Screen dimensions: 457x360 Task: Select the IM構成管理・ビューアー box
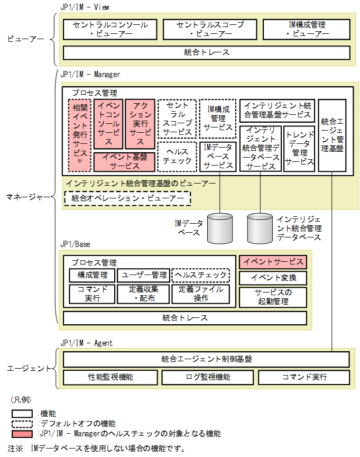(x=306, y=29)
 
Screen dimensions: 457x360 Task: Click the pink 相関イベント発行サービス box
(x=79, y=135)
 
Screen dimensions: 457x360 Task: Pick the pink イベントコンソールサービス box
(x=108, y=124)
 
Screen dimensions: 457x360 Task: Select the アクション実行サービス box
(x=140, y=124)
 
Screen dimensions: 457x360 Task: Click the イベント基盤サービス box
(x=124, y=161)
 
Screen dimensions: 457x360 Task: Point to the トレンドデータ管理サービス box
(x=299, y=148)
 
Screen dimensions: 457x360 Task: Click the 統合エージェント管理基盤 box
(x=333, y=135)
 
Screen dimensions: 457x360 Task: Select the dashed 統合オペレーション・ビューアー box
(x=127, y=198)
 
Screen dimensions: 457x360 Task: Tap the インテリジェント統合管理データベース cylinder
(x=260, y=227)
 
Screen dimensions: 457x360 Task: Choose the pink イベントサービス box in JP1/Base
(x=273, y=262)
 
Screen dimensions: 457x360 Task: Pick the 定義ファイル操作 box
(x=200, y=294)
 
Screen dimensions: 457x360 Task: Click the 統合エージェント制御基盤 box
(x=206, y=359)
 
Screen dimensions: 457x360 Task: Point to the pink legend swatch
(x=23, y=434)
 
